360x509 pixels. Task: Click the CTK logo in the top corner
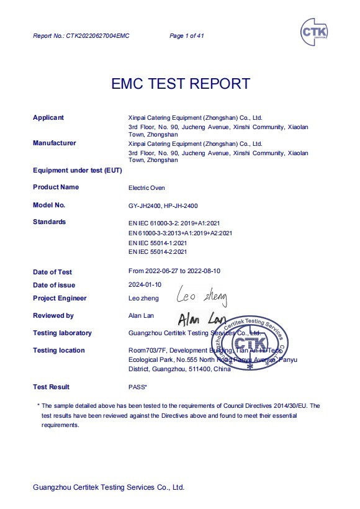(315, 30)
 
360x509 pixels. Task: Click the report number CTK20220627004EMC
(81, 36)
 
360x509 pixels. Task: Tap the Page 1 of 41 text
(187, 36)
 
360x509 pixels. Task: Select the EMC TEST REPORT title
(181, 84)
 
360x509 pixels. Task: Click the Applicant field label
(48, 117)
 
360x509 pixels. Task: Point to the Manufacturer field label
(54, 143)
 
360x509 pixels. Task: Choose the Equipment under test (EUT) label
(77, 170)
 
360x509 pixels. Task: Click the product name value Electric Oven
(146, 187)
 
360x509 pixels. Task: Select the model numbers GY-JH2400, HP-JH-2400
(163, 205)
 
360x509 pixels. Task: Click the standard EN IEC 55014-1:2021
(157, 242)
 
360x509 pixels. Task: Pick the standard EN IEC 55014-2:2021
(157, 251)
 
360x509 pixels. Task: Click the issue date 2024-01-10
(145, 285)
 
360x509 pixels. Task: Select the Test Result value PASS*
(137, 387)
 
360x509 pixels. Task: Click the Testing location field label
(58, 351)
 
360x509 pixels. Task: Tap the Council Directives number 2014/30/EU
(290, 406)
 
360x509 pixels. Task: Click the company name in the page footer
(109, 487)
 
